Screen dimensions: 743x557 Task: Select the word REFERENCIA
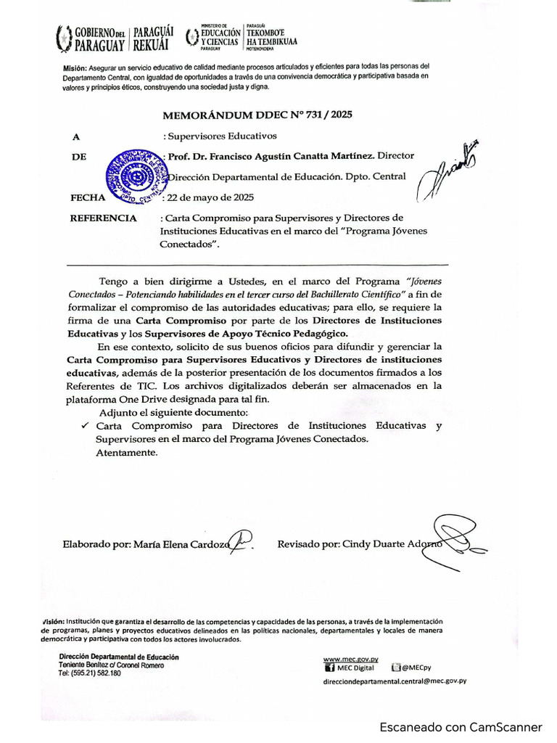pos(102,218)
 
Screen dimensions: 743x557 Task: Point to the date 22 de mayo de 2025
pos(211,197)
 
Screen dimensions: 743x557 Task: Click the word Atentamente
pos(126,453)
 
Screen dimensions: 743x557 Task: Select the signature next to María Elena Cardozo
pos(242,540)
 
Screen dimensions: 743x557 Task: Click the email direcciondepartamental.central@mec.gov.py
pos(395,681)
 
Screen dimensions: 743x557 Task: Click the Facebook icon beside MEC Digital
pos(329,668)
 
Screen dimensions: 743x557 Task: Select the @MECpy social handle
pos(416,668)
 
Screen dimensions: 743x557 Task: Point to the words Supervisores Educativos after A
pos(223,136)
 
